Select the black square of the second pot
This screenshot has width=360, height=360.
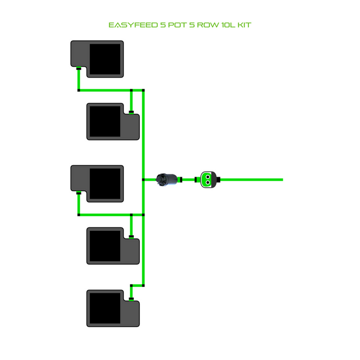105,121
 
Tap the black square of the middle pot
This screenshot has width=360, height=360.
105,183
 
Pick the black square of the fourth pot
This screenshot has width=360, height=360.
105,246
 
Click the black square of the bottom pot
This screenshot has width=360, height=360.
105,309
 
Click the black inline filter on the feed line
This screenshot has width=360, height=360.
168,179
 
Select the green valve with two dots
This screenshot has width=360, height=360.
207,179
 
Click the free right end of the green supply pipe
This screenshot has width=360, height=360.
281,179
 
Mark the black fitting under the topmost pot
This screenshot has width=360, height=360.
78,68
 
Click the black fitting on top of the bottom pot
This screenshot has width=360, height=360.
132,298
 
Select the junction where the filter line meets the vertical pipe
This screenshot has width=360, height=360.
143,179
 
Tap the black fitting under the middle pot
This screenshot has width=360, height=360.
78,193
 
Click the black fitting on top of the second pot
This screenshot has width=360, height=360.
132,112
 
